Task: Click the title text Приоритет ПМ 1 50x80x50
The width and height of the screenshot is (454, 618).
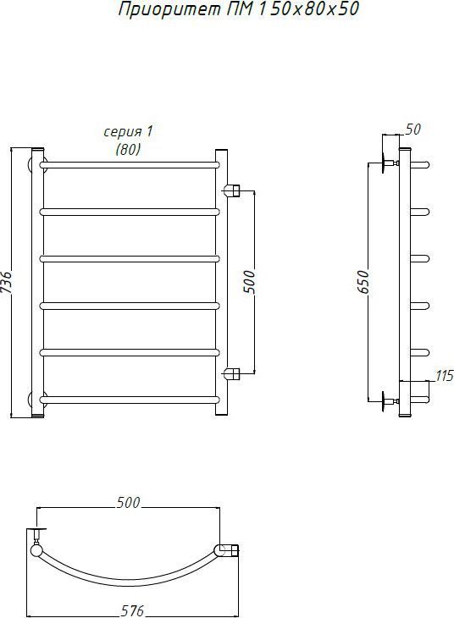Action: pos(239,9)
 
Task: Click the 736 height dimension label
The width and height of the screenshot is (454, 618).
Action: pos(7,282)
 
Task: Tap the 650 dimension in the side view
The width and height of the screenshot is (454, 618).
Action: pos(363,282)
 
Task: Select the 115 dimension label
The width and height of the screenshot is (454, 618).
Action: pos(445,376)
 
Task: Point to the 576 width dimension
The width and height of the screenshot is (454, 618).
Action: pos(132,610)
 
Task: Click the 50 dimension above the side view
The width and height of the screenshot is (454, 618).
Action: pos(413,130)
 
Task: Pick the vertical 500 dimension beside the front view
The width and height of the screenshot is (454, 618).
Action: pos(250,282)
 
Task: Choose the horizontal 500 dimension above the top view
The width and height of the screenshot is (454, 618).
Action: pos(128,503)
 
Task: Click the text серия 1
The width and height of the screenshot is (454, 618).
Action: pos(128,131)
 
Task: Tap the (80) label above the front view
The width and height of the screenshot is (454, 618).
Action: pos(128,149)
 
